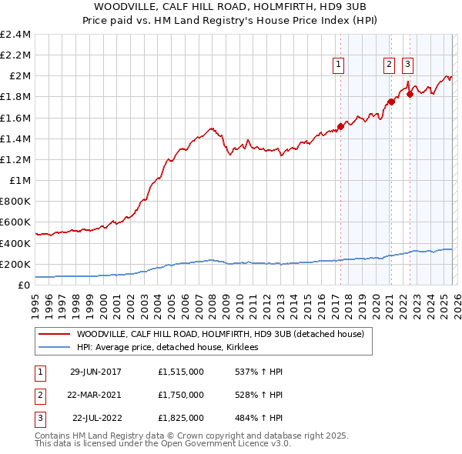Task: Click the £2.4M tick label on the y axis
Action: [x=15, y=35]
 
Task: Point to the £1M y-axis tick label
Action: [x=20, y=181]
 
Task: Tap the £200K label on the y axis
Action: [x=15, y=264]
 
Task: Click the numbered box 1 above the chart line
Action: [x=339, y=65]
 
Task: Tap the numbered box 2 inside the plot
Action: [x=389, y=65]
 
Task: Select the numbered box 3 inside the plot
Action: [x=407, y=65]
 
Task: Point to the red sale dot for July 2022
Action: [x=410, y=94]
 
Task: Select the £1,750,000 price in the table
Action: [x=180, y=395]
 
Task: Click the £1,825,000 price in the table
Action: [x=180, y=419]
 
